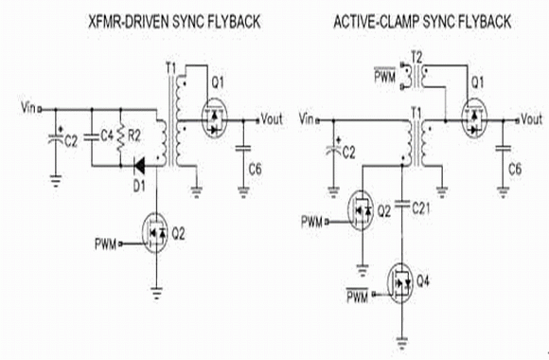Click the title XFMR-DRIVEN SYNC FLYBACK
coord(174,22)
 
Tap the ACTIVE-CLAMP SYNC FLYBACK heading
coord(422,22)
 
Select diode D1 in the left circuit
coord(139,166)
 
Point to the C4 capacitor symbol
coord(92,137)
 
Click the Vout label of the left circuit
coord(272,119)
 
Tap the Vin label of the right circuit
coord(307,119)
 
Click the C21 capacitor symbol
coord(402,205)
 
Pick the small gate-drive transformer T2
coord(416,76)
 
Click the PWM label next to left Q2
coord(105,243)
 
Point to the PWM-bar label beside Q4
coord(358,295)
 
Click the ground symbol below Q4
coord(402,342)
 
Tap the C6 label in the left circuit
coord(255,170)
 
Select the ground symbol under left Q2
coord(156,293)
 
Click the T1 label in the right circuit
coord(416,114)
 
